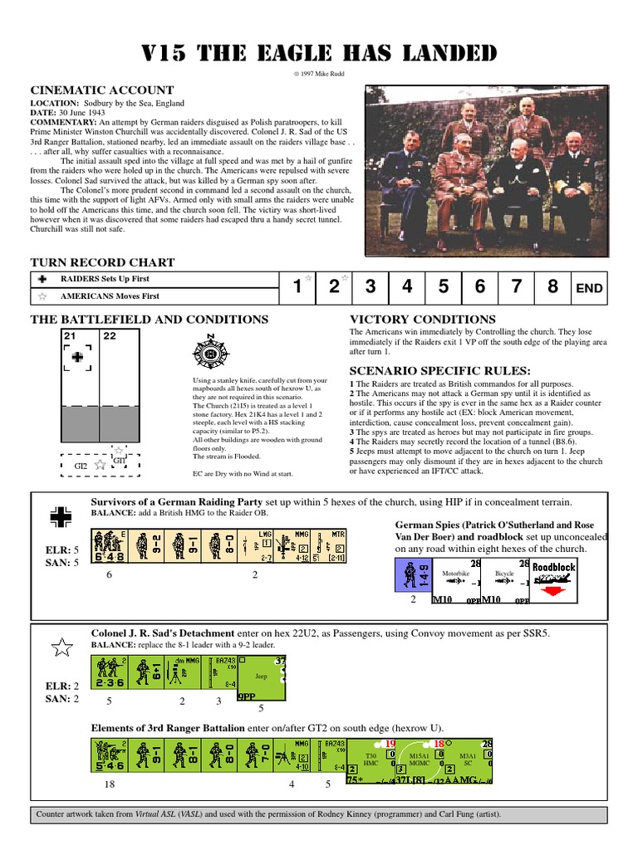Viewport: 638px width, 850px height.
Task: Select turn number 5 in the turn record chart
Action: (x=443, y=288)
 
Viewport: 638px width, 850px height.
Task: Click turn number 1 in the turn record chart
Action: (x=297, y=288)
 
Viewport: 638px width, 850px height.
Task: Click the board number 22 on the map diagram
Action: (x=110, y=336)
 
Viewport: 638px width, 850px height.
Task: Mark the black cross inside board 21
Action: (x=77, y=357)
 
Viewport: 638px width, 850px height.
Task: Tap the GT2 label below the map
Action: (x=81, y=466)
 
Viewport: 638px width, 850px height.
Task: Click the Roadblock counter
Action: (x=553, y=577)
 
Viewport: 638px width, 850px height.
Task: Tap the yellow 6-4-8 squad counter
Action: (x=110, y=546)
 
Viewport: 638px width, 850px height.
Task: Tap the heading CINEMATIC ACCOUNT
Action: (x=102, y=90)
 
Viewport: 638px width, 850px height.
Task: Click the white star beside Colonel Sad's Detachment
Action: (x=61, y=648)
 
